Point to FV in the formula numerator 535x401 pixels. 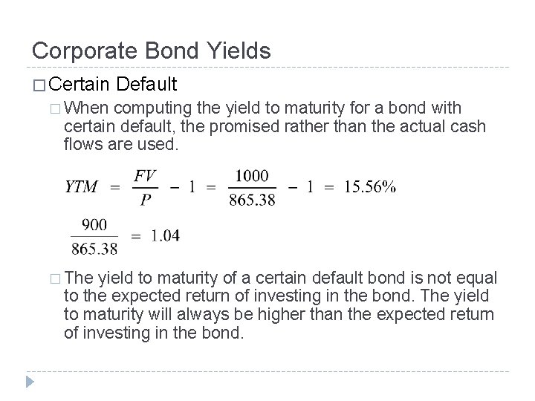point(145,176)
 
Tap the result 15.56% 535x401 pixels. point(369,187)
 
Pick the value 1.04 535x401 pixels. point(163,235)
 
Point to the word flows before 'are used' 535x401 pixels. point(82,144)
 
